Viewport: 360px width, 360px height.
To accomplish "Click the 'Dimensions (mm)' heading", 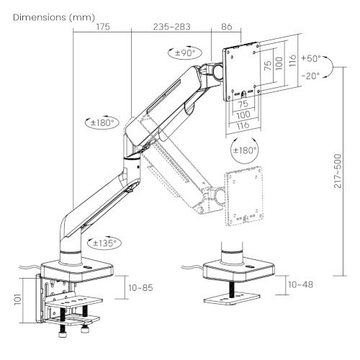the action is point(54,17).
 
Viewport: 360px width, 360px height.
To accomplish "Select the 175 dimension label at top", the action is point(103,27).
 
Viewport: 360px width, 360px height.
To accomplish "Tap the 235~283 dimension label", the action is point(171,27).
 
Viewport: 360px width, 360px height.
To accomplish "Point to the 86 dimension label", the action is point(227,27).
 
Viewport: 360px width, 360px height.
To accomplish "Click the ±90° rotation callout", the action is point(184,53).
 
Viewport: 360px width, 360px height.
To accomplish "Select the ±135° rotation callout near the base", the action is point(104,243).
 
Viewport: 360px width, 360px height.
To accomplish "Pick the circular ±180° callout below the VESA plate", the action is point(245,150).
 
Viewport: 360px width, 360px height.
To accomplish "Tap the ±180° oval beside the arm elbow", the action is point(102,123).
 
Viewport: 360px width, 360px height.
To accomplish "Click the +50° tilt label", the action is point(311,58).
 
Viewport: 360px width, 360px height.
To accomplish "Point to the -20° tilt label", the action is point(310,76).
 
